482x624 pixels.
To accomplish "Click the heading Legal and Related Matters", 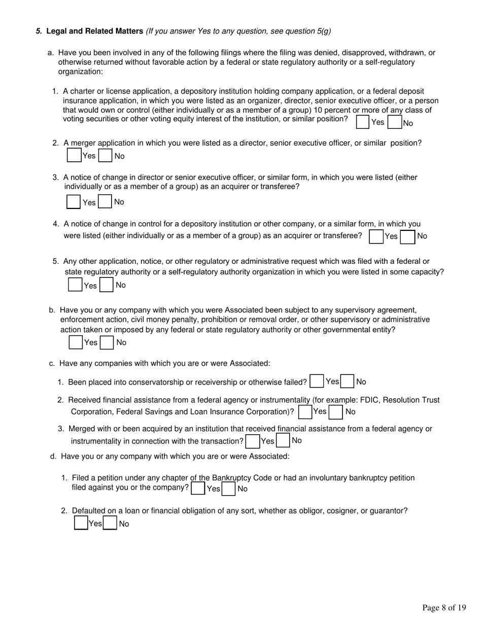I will coord(94,31).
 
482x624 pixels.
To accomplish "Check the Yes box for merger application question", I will coord(74,155).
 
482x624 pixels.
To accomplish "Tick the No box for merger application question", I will coord(106,155).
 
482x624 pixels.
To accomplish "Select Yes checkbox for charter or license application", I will coord(363,122).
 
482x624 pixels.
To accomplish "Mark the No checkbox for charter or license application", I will coord(395,122).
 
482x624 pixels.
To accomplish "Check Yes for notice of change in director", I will coord(74,202).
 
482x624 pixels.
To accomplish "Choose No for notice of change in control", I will coord(407,237).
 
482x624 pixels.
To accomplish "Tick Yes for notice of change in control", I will coord(376,237).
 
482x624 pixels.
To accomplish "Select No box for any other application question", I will coord(107,285).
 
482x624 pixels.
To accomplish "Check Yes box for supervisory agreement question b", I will coord(76,342).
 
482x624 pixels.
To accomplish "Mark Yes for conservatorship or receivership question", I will coord(317,381).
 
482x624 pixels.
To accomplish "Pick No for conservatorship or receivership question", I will coord(348,381).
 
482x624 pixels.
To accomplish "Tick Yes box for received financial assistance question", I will coord(305,412).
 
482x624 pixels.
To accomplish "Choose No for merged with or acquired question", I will coord(283,440).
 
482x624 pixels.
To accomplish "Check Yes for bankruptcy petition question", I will coord(198,488).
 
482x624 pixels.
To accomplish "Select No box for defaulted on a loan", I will coord(110,523).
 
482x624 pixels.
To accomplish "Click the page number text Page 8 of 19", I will coord(444,608).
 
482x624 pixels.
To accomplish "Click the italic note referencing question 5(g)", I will coord(238,31).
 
